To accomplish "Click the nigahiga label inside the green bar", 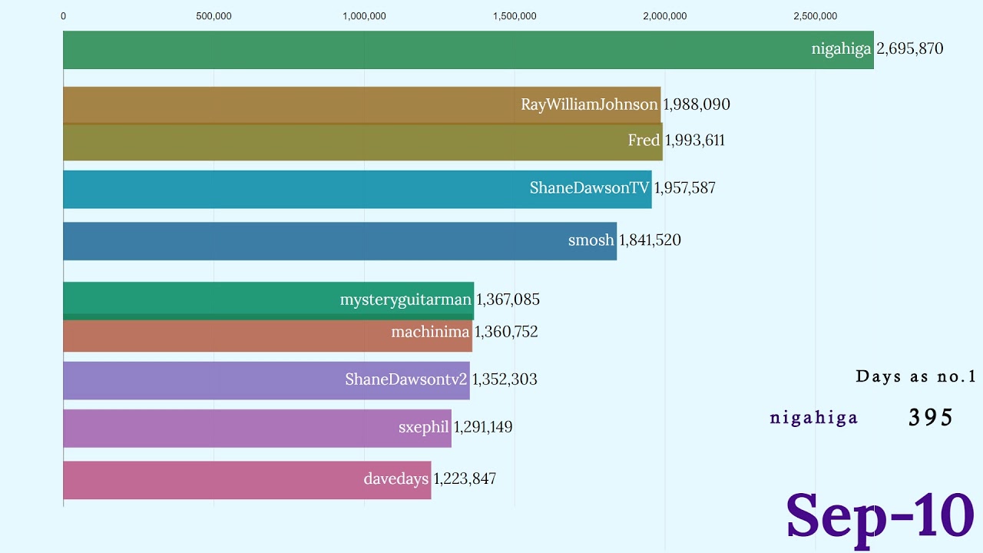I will (841, 49).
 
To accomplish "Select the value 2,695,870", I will (910, 49).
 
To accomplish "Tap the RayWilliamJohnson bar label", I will (589, 104).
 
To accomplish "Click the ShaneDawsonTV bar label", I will (589, 188).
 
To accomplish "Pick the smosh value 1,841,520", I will (650, 240).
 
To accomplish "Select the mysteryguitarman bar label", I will (405, 300).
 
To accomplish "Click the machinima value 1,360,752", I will (506, 332).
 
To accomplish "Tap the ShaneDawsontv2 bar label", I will (405, 379).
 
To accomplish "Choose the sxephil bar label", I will (423, 427).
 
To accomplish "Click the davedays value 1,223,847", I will (465, 479).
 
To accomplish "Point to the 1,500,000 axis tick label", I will (515, 16).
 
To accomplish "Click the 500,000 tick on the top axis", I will (214, 16).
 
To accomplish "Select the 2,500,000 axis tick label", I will (816, 16).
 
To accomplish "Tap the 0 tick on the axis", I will (63, 16).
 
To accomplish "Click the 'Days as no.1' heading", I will (915, 376).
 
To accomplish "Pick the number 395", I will (931, 417).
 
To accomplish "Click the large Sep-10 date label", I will (880, 515).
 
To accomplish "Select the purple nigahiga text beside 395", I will (814, 418).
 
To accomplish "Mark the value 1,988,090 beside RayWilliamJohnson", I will (697, 104).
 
